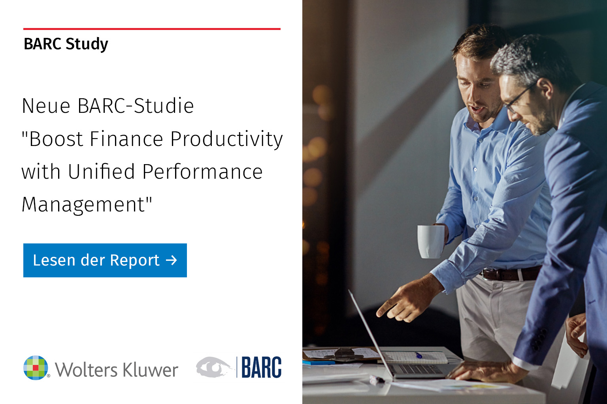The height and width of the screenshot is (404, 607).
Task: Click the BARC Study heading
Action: (66, 44)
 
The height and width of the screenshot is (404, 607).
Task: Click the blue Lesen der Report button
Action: (105, 260)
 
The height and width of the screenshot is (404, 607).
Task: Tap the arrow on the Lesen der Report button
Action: (172, 260)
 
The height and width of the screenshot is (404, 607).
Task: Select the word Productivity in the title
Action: (226, 139)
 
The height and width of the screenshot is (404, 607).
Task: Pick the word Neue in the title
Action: (46, 106)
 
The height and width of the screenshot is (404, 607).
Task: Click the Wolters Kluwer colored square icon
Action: (36, 368)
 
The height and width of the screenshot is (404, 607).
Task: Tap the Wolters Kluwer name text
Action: (117, 370)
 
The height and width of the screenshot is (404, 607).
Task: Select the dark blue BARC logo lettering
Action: (261, 368)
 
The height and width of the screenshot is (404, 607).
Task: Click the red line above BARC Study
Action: (152, 29)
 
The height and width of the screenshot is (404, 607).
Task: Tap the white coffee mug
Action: (431, 241)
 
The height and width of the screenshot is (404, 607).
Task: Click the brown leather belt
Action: (510, 274)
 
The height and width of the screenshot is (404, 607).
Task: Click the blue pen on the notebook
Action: (418, 355)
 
